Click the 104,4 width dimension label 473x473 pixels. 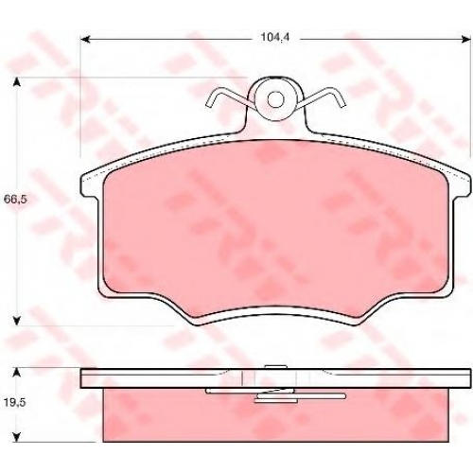(274, 38)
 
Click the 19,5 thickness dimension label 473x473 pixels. (15, 403)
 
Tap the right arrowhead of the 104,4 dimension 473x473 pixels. (465, 40)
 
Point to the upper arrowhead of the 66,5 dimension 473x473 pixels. (17, 82)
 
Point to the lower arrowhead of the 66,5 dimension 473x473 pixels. (17, 321)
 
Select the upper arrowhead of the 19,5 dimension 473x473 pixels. (17, 373)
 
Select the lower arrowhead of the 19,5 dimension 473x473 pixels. (17, 437)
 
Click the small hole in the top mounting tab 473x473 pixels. (276, 99)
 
